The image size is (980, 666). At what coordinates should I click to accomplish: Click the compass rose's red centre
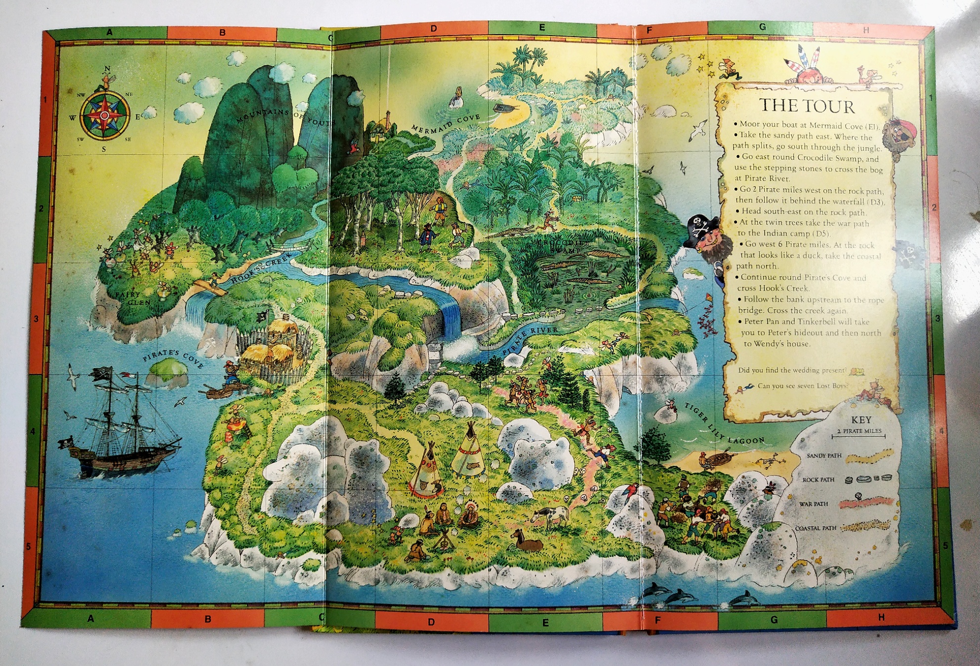tap(105, 116)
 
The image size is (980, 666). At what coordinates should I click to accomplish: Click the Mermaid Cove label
tap(446, 124)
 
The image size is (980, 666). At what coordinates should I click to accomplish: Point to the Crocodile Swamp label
tap(563, 246)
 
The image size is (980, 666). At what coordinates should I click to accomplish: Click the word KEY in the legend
tap(861, 420)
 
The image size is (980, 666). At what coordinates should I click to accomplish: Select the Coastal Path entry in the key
tap(816, 528)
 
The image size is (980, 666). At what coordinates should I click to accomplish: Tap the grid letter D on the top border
tap(433, 29)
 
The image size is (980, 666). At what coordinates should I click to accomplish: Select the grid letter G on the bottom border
tap(774, 619)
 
